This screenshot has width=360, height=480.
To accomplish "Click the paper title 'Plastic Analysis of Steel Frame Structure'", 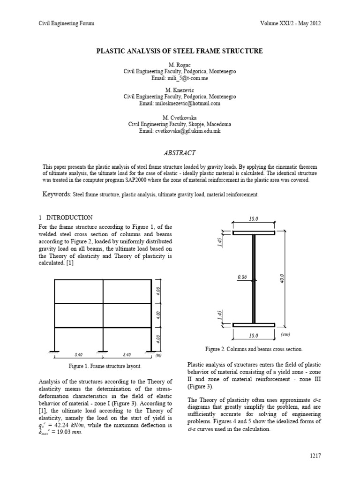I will pos(180,51).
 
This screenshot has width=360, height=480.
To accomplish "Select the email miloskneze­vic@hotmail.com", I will pos(180,103).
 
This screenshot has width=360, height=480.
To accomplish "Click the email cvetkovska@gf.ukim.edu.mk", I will pos(180,131).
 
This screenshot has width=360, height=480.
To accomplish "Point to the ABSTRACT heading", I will pos(180,153).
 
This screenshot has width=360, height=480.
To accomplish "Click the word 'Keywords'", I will pos(56,194).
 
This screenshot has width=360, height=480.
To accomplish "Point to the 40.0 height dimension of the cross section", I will pos(282,278).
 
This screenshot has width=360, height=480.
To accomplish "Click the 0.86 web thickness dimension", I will pos(242,277).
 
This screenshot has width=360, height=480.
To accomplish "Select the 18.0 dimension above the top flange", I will pos(254,218).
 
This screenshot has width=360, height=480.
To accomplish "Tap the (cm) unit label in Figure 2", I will pos(286,334).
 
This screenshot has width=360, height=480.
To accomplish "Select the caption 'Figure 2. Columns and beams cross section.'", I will pos(254,349).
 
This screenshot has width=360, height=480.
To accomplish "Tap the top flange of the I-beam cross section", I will pos(254,232).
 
